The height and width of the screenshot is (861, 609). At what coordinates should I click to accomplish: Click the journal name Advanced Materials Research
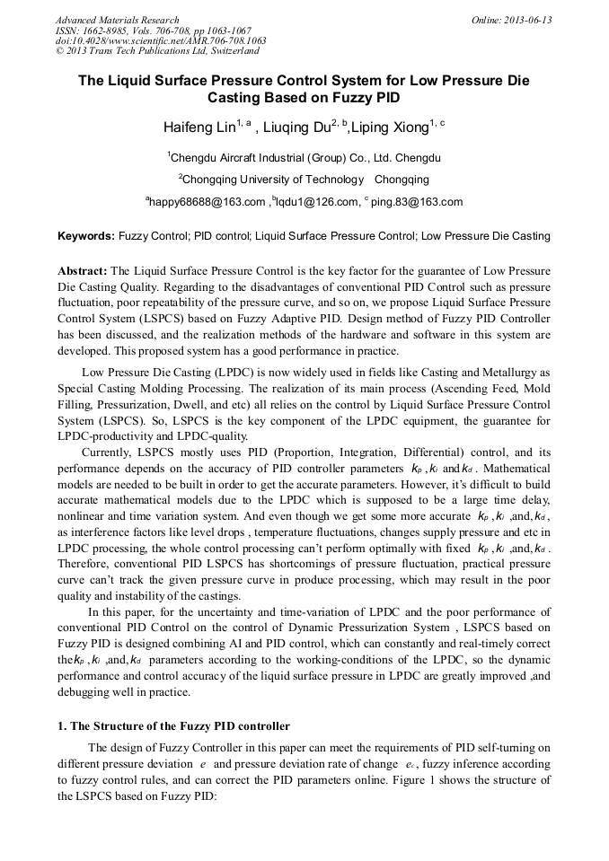coord(117,20)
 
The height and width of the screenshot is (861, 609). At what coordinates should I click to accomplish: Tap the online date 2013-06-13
coord(512,20)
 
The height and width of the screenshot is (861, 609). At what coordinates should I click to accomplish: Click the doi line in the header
coord(161,41)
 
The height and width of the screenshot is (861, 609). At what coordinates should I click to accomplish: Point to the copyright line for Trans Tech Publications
coord(157,52)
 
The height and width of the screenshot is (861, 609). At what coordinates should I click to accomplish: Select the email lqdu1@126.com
coord(314,202)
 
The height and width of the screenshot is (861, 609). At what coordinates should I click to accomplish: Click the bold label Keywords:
coord(86,236)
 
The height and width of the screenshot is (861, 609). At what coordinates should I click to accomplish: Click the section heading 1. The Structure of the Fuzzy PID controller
coord(174,725)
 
